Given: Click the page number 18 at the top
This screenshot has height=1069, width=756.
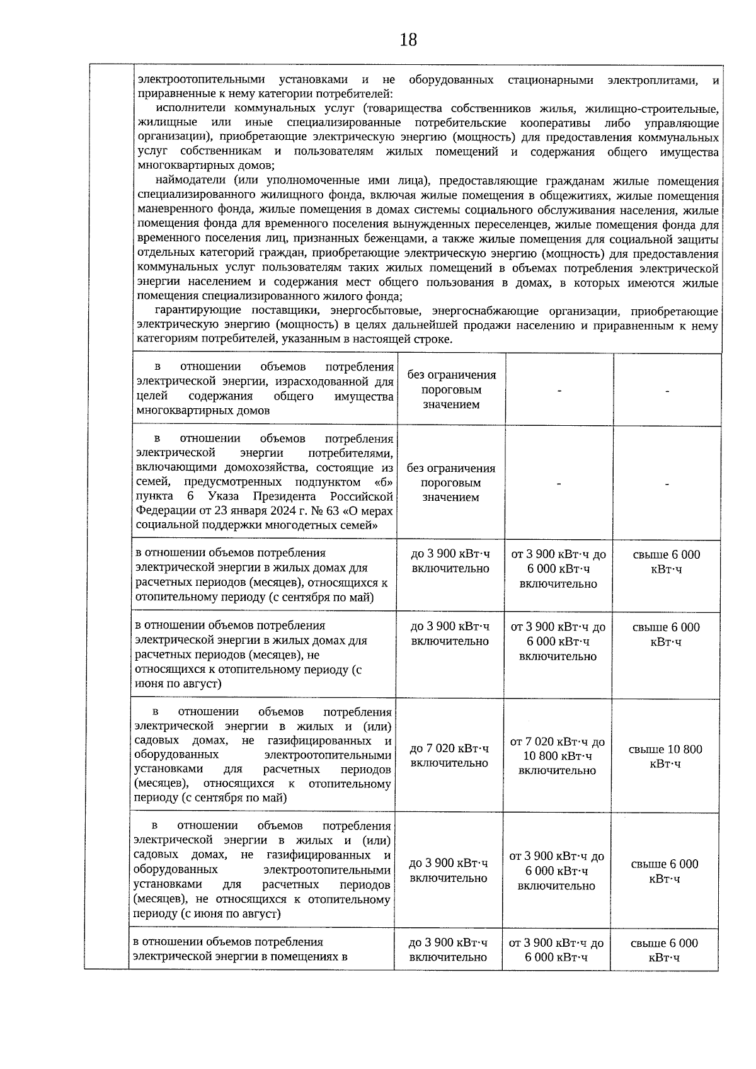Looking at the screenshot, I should [408, 40].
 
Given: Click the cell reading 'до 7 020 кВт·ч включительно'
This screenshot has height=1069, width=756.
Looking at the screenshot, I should [449, 755].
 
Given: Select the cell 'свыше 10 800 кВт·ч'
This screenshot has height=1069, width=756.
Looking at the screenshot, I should [665, 756].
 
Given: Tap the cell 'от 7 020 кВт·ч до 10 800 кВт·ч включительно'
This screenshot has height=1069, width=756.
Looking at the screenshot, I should [557, 756].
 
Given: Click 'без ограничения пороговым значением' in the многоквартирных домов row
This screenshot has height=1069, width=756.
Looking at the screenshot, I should [451, 389].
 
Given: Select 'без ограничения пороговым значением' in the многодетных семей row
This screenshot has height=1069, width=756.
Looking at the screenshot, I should [450, 483].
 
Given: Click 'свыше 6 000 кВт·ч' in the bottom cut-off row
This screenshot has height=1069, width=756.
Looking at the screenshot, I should [664, 950].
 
